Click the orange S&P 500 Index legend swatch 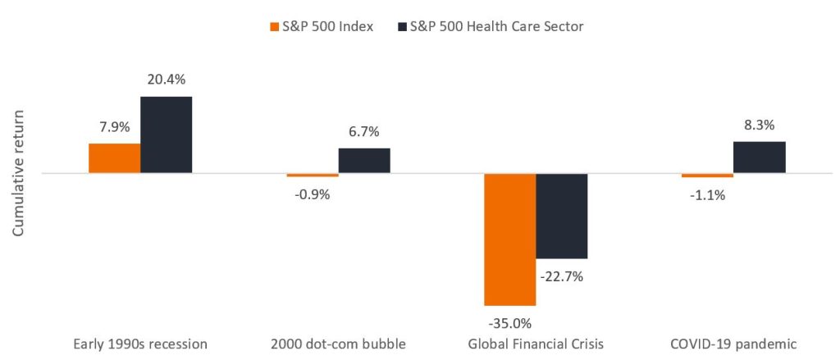276,26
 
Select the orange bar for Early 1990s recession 114,158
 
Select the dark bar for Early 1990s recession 166,134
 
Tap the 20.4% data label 167,80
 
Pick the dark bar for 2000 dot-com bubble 364,161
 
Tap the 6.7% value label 364,132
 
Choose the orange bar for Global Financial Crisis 510,239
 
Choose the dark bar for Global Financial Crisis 562,216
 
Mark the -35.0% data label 509,322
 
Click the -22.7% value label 562,276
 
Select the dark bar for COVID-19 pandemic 760,157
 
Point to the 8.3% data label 760,125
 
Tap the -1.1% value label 707,195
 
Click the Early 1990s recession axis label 140,344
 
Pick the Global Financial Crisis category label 536,344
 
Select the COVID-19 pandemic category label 733,344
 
